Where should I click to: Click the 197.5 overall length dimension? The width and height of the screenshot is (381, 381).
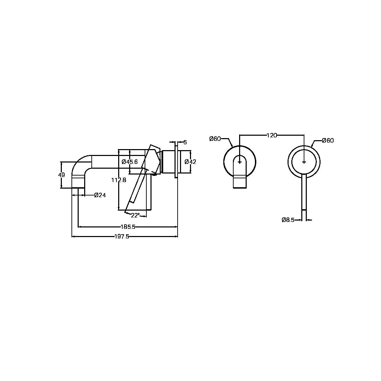122,236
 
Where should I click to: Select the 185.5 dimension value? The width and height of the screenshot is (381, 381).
127,227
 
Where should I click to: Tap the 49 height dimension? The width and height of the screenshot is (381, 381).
61,175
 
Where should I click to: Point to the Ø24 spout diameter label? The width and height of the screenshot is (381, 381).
100,195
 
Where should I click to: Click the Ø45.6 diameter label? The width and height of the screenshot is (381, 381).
130,162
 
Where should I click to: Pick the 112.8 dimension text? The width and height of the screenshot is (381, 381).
119,180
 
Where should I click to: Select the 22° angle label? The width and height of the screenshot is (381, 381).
135,215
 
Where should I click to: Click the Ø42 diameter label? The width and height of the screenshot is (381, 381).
190,162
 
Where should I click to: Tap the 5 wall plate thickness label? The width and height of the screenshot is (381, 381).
185,142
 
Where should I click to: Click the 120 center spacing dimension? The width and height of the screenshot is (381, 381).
271,135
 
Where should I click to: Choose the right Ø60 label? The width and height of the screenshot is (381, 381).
328,141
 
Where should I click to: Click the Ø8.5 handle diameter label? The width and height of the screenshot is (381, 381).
288,220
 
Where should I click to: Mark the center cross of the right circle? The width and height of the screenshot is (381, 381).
304,162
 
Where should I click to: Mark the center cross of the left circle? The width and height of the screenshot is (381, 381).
240,162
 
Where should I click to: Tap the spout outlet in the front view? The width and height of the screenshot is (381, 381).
240,182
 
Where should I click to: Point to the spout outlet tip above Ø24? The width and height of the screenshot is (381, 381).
78,182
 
